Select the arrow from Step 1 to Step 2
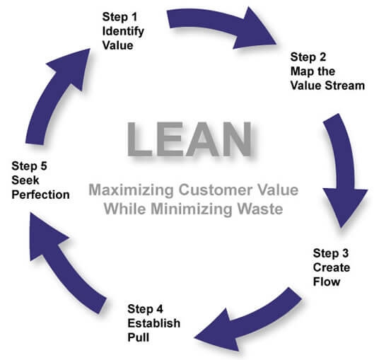pyautogui.click(x=226, y=28)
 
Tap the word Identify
pyautogui.click(x=123, y=30)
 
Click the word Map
pyautogui.click(x=302, y=71)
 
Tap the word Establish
pyautogui.click(x=153, y=323)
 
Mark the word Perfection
pyautogui.click(x=41, y=194)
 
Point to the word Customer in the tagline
pyautogui.click(x=208, y=191)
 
